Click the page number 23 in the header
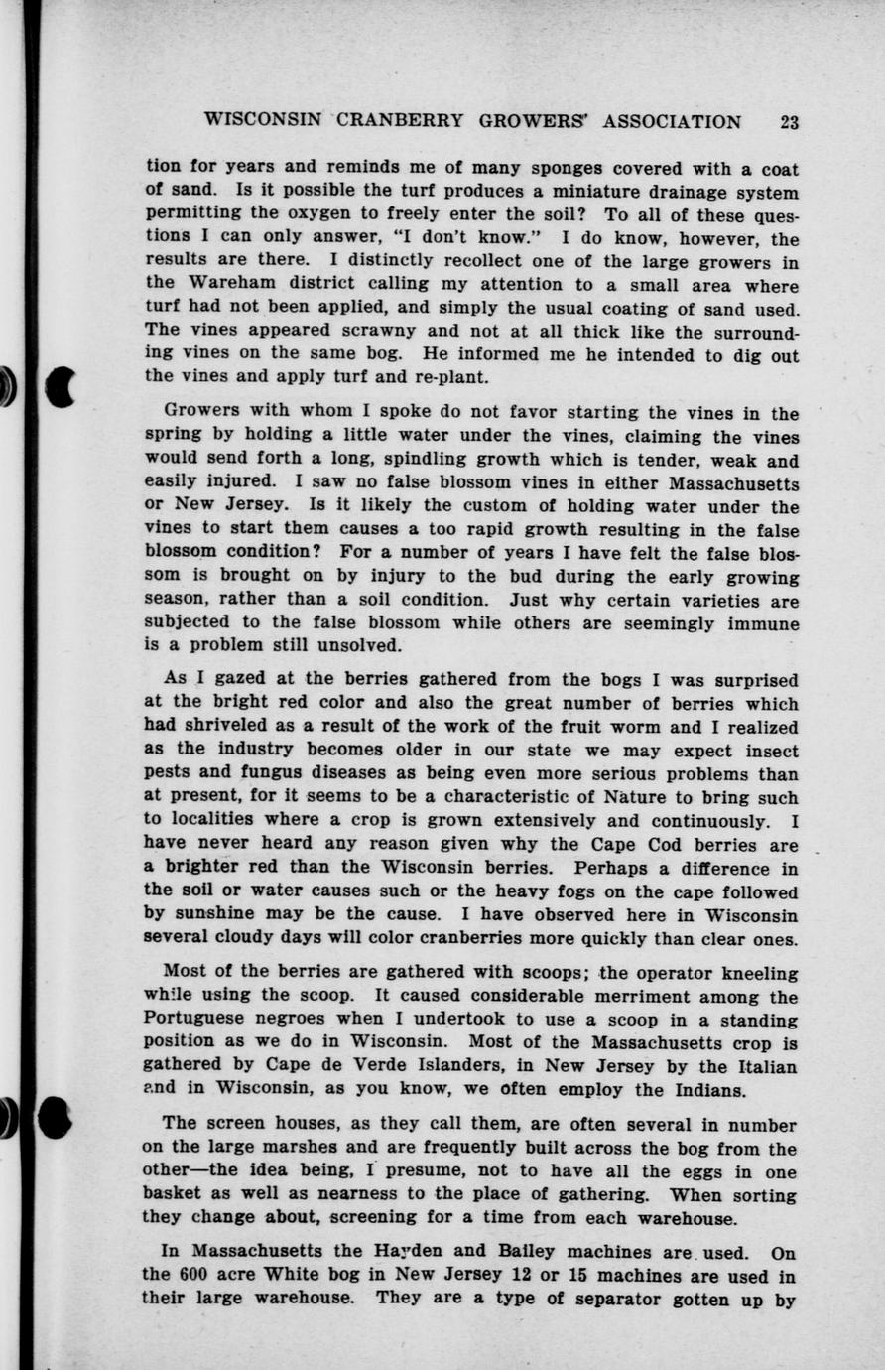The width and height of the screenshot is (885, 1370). [789, 122]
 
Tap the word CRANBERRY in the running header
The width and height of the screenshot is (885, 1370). [400, 122]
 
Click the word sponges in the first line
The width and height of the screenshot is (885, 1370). [544, 169]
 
